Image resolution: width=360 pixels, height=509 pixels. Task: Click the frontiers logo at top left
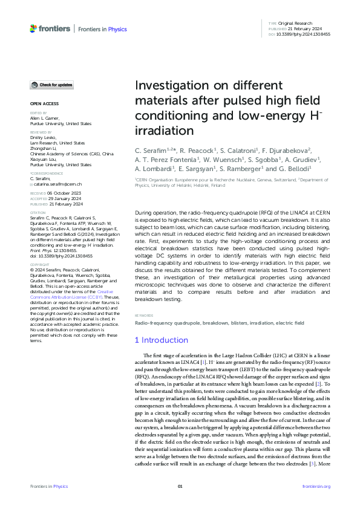[50, 28]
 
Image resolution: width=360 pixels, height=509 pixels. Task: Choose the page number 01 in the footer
[180, 485]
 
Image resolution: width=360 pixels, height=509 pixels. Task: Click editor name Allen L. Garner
[47, 118]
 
